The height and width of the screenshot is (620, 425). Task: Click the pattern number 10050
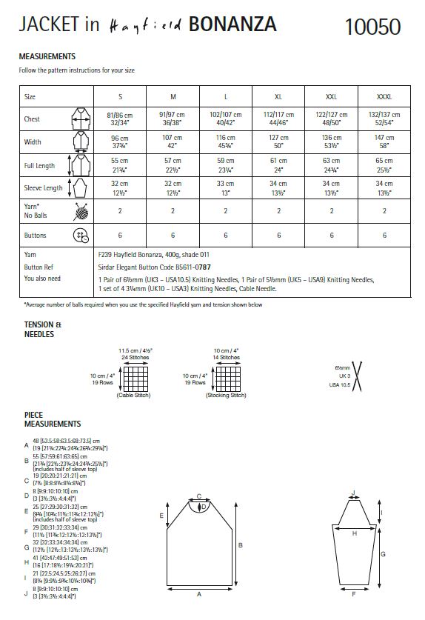click(x=372, y=27)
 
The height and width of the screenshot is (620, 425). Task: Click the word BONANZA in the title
click(x=232, y=25)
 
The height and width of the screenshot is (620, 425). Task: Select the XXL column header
click(x=331, y=97)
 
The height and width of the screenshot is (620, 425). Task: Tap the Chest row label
click(x=33, y=119)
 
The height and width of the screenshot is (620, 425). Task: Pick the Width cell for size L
click(x=225, y=141)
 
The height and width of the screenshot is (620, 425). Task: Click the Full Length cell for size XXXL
click(x=384, y=164)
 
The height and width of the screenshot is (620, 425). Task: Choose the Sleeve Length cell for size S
click(x=121, y=188)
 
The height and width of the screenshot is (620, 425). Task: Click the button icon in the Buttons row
click(x=79, y=236)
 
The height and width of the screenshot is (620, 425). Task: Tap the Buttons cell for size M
click(x=173, y=236)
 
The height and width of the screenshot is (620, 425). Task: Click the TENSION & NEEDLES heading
click(x=39, y=329)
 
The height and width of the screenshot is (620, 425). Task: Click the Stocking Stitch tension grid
click(x=227, y=378)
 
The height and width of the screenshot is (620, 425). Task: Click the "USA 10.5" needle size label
click(x=339, y=385)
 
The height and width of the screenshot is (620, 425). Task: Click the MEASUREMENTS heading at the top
click(x=47, y=56)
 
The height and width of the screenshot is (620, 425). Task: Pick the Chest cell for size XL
click(x=278, y=119)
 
